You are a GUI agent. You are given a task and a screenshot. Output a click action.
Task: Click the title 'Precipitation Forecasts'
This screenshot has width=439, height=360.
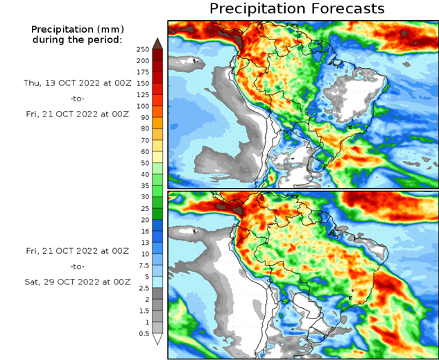pyautogui.click(x=296, y=9)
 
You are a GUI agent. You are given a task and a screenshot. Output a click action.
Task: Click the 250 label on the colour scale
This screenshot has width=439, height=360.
pyautogui.click(x=143, y=49)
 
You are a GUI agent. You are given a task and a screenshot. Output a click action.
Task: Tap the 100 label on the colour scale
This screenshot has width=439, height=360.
pyautogui.click(x=143, y=106)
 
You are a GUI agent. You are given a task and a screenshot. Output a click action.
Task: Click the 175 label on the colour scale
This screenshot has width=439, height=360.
pyautogui.click(x=143, y=72)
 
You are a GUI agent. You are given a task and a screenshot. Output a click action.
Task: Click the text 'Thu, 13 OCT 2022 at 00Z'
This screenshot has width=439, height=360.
pyautogui.click(x=77, y=83)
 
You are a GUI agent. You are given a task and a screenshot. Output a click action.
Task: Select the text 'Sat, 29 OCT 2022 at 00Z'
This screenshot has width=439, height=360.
pyautogui.click(x=77, y=282)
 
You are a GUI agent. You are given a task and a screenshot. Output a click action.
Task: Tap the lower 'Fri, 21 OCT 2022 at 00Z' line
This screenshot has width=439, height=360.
pyautogui.click(x=77, y=250)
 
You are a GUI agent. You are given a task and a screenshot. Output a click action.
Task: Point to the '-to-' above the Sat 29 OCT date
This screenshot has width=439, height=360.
pyautogui.click(x=77, y=266)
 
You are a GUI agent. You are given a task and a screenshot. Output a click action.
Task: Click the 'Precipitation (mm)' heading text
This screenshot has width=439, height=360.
pyautogui.click(x=77, y=29)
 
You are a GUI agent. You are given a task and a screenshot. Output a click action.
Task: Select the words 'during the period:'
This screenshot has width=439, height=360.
pyautogui.click(x=77, y=40)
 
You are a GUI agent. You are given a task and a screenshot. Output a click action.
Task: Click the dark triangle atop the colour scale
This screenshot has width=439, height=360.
pyautogui.click(x=157, y=44)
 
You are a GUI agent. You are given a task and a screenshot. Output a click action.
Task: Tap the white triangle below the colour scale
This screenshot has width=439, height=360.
pyautogui.click(x=157, y=339)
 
